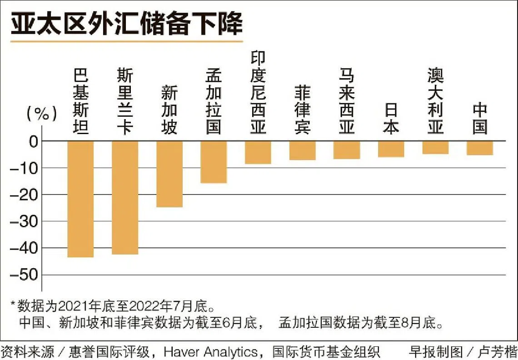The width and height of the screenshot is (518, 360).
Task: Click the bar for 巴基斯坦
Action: pyautogui.click(x=80, y=199)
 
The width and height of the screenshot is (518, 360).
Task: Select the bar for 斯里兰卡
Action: pyautogui.click(x=125, y=197)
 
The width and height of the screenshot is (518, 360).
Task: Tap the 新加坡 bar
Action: pyautogui.click(x=169, y=174)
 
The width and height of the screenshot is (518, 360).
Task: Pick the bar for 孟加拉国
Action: pyautogui.click(x=214, y=162)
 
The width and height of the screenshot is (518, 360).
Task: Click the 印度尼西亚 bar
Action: pyautogui.click(x=258, y=152)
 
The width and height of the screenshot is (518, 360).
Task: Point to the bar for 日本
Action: pyautogui.click(x=391, y=149)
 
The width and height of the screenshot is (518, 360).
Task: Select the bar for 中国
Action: pyautogui.click(x=480, y=148)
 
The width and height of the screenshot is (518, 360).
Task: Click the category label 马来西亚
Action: pyautogui.click(x=347, y=101)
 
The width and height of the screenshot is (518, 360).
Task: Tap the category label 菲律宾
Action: pyautogui.click(x=302, y=110)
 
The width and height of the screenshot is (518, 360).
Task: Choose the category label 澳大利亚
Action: pyautogui.click(x=435, y=101)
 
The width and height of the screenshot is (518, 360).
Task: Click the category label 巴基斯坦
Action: pyautogui.click(x=80, y=101)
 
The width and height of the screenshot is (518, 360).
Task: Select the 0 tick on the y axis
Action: pyautogui.click(x=34, y=141)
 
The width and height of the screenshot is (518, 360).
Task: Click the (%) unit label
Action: pyautogui.click(x=42, y=114)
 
